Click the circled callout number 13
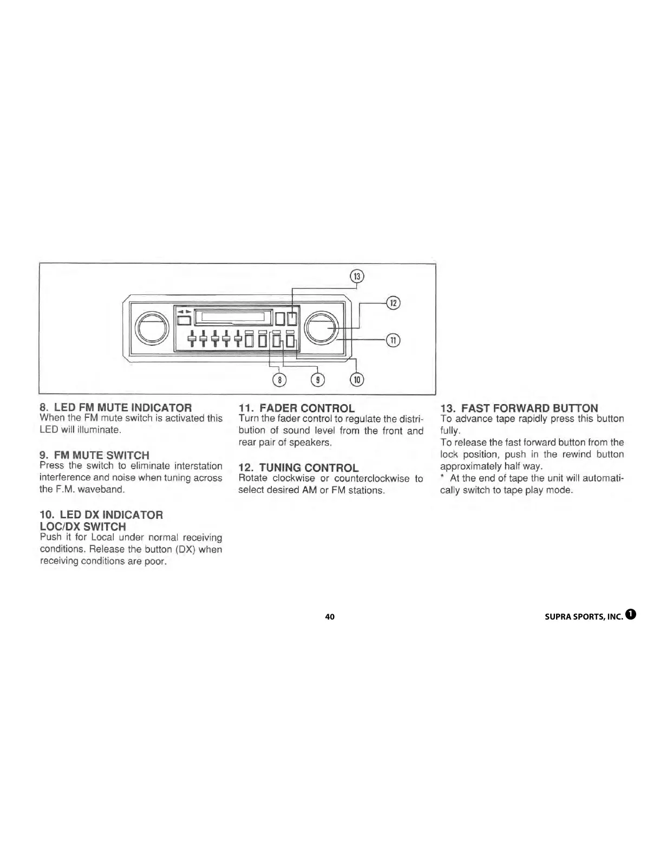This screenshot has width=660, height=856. pos(356,276)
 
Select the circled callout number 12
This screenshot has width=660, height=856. pos(393,302)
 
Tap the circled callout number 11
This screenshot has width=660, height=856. pos(393,340)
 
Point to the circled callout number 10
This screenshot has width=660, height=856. pos(356,380)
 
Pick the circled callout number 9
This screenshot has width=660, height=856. pos(318,380)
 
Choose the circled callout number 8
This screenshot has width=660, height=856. pos(279,380)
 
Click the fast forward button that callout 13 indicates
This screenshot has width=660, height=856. pos(292,318)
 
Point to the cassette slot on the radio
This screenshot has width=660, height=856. pos(232,316)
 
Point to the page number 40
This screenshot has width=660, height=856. pos(330,617)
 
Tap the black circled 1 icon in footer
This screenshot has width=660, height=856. pos(630,615)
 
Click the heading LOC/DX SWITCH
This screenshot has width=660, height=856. pos(83,526)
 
